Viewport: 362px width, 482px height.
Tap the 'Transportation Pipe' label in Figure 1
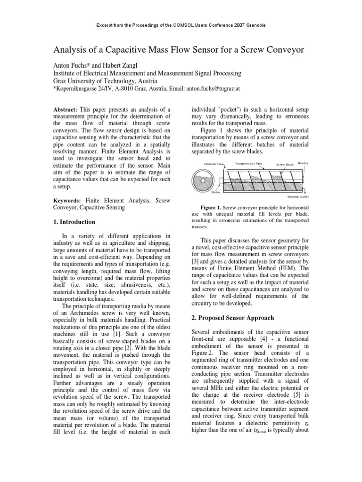click(x=248, y=163)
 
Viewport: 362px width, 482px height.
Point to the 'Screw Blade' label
click(x=285, y=164)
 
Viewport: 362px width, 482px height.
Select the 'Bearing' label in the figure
click(x=303, y=163)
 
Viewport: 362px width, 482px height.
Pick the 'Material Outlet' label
click(x=298, y=197)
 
